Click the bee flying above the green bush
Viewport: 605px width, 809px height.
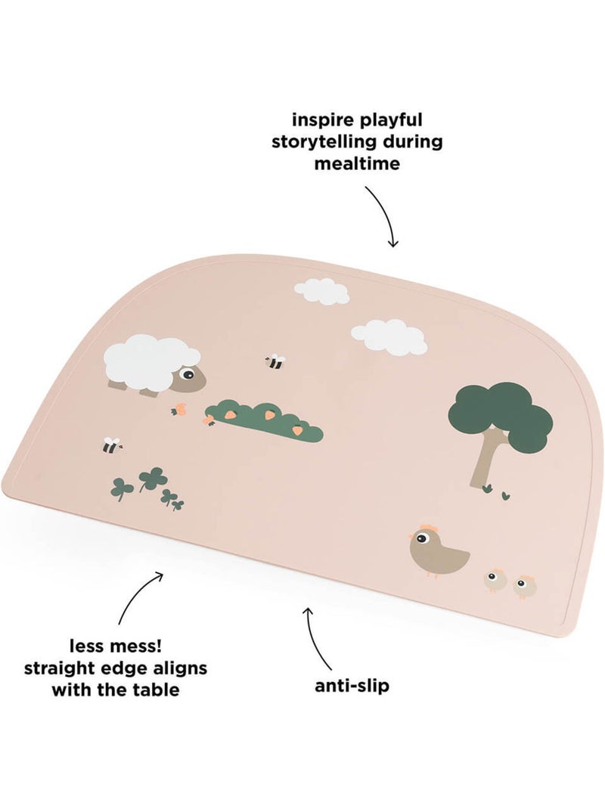coord(275,361)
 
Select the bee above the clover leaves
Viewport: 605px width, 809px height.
coord(111,445)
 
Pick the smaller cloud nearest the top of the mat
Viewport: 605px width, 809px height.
coord(322,290)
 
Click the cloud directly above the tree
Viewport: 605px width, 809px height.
coord(389,337)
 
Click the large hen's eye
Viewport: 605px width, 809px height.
coord(422,539)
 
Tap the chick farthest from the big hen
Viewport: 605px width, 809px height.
coord(525,587)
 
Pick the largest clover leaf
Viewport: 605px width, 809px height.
coord(150,479)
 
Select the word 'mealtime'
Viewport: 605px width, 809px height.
coord(357,163)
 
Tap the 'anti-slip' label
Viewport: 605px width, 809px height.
coord(352,686)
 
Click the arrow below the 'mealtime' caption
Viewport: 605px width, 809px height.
coord(386,215)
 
